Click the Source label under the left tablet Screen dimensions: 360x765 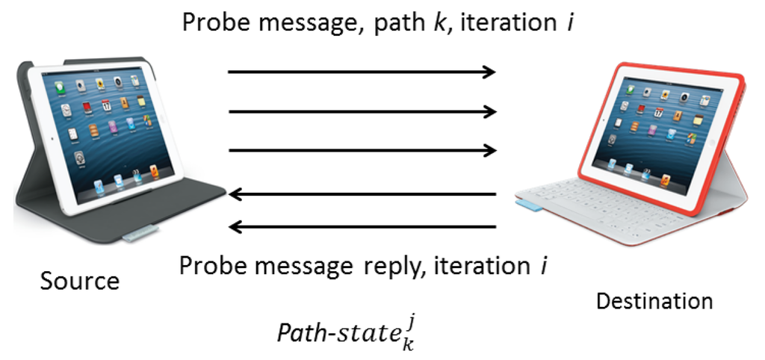tap(79, 281)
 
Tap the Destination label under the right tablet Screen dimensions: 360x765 tap(654, 301)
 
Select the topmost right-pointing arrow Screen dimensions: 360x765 tap(362, 72)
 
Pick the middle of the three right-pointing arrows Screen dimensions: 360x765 tap(362, 112)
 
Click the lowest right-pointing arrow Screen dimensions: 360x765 tap(362, 151)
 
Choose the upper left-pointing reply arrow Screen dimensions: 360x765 tap(363, 195)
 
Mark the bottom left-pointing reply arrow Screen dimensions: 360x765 tap(363, 226)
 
